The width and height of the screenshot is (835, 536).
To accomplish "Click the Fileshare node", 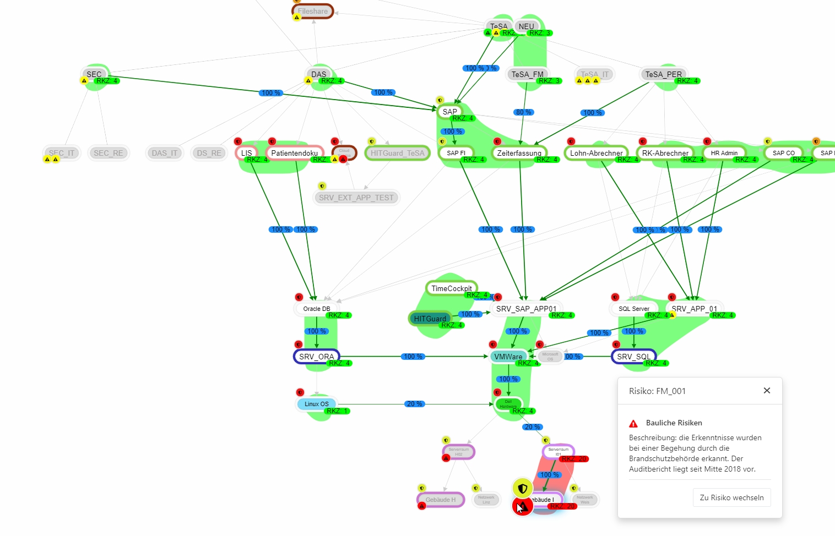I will (x=312, y=11).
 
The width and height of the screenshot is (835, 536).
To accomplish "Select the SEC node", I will (x=94, y=74).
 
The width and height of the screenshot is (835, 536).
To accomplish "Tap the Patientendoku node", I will (x=294, y=153).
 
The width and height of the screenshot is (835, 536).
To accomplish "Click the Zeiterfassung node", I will (x=519, y=153).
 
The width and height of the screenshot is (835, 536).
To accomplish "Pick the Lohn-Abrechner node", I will (x=596, y=153).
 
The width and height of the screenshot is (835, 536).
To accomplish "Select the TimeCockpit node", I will (x=451, y=288).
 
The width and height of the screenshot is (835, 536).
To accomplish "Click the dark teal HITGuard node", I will (x=430, y=319).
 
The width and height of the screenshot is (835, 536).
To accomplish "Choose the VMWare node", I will (x=508, y=357).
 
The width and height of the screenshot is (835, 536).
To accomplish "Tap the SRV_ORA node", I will (x=316, y=357).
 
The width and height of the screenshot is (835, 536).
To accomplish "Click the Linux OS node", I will (x=316, y=404).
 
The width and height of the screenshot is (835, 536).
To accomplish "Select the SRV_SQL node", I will (x=633, y=357).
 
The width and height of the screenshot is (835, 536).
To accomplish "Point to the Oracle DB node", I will (x=316, y=309).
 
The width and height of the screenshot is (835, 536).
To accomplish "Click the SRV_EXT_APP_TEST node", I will (x=356, y=198).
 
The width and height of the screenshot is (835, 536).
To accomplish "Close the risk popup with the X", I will (x=767, y=391).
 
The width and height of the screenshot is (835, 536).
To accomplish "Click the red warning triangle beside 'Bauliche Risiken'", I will (x=633, y=423).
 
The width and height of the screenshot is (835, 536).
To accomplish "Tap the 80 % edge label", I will (x=523, y=112).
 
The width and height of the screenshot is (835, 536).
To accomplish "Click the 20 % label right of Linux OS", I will (x=414, y=404).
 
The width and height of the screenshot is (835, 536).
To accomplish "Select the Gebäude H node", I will (x=440, y=500).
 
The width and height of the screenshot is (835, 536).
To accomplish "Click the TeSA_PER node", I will (x=663, y=74).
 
